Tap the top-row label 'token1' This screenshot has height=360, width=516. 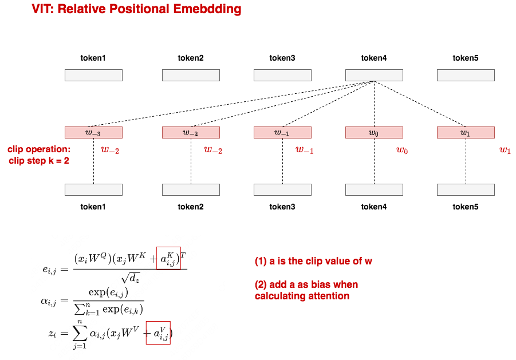93,58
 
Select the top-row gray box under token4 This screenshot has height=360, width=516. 374,75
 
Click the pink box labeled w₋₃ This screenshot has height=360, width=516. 93,132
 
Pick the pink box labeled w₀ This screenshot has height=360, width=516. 374,132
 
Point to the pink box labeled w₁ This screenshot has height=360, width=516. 466,132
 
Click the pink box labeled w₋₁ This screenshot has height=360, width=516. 282,132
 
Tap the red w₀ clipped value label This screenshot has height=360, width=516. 402,151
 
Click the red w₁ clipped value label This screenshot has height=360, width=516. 505,151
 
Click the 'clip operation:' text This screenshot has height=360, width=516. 39,149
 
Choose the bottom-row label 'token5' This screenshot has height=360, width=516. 466,207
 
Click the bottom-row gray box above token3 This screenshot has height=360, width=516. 282,189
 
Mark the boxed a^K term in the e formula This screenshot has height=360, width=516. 168,259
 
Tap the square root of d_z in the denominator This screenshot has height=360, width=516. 131,279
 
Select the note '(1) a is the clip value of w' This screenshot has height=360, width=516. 313,262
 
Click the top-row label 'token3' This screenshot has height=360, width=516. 282,58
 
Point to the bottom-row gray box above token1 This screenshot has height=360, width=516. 93,189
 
